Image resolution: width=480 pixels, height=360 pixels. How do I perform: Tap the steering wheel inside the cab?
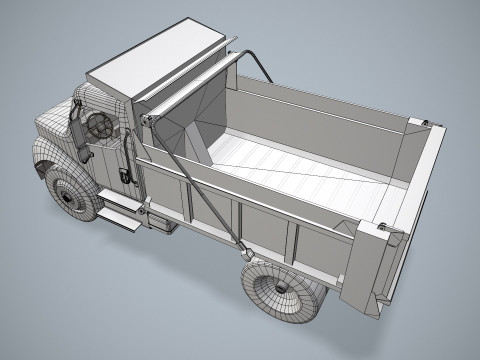tap(101, 125)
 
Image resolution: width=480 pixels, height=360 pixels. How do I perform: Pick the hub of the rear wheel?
tap(281, 289)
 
